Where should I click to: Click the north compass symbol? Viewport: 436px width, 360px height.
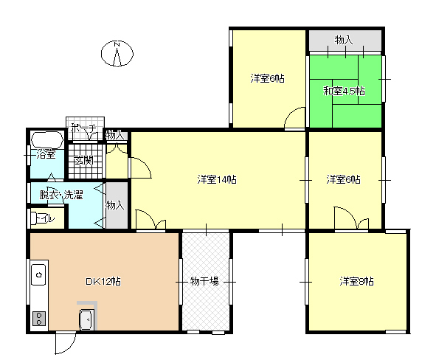click(117, 54)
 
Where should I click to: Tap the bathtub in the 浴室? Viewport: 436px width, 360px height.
click(47, 139)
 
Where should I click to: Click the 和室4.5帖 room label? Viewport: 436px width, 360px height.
click(344, 91)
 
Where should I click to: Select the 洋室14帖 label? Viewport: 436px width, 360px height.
click(217, 179)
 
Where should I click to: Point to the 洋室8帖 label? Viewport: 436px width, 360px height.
click(356, 281)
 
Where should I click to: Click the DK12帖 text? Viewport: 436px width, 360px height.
click(103, 281)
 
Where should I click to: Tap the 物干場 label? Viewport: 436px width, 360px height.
click(204, 281)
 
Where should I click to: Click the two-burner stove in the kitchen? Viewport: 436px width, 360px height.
click(39, 319)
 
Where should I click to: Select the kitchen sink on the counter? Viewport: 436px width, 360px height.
click(38, 274)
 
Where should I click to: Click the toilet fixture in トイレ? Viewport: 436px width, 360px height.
click(34, 218)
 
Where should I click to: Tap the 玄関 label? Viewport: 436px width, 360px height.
click(84, 161)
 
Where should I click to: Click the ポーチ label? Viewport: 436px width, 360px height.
click(83, 128)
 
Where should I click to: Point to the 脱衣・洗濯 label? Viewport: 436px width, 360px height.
click(61, 195)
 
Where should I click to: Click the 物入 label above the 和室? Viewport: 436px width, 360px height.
click(344, 40)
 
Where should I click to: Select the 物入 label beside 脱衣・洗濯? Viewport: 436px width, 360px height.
click(114, 205)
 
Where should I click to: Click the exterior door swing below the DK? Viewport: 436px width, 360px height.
click(66, 343)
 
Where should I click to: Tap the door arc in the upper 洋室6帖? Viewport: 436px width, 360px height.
click(295, 117)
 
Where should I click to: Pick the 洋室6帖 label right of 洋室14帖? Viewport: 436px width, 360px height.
click(343, 179)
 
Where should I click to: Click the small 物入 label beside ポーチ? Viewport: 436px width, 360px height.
click(114, 135)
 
